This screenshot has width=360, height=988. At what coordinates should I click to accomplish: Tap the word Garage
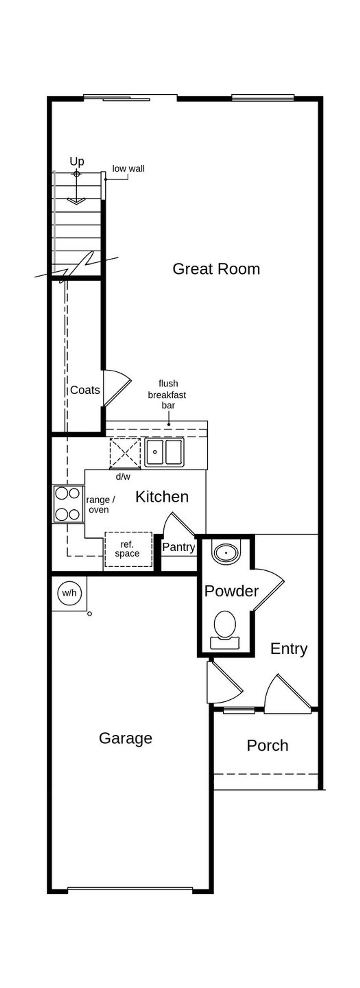point(125,738)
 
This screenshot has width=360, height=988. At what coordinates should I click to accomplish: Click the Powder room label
point(231,591)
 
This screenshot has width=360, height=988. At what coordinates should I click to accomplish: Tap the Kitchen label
point(162,497)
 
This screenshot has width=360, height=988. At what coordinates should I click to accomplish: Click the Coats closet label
point(85,390)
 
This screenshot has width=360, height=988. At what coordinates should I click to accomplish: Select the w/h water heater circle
point(69,593)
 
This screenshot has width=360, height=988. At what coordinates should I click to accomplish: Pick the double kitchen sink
point(164,452)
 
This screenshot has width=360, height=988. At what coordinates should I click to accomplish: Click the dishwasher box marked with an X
point(125,453)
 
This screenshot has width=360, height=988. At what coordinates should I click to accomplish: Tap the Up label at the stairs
point(77,162)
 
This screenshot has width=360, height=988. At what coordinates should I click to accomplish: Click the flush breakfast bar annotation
point(167,394)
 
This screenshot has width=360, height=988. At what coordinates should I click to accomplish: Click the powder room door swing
point(267,589)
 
